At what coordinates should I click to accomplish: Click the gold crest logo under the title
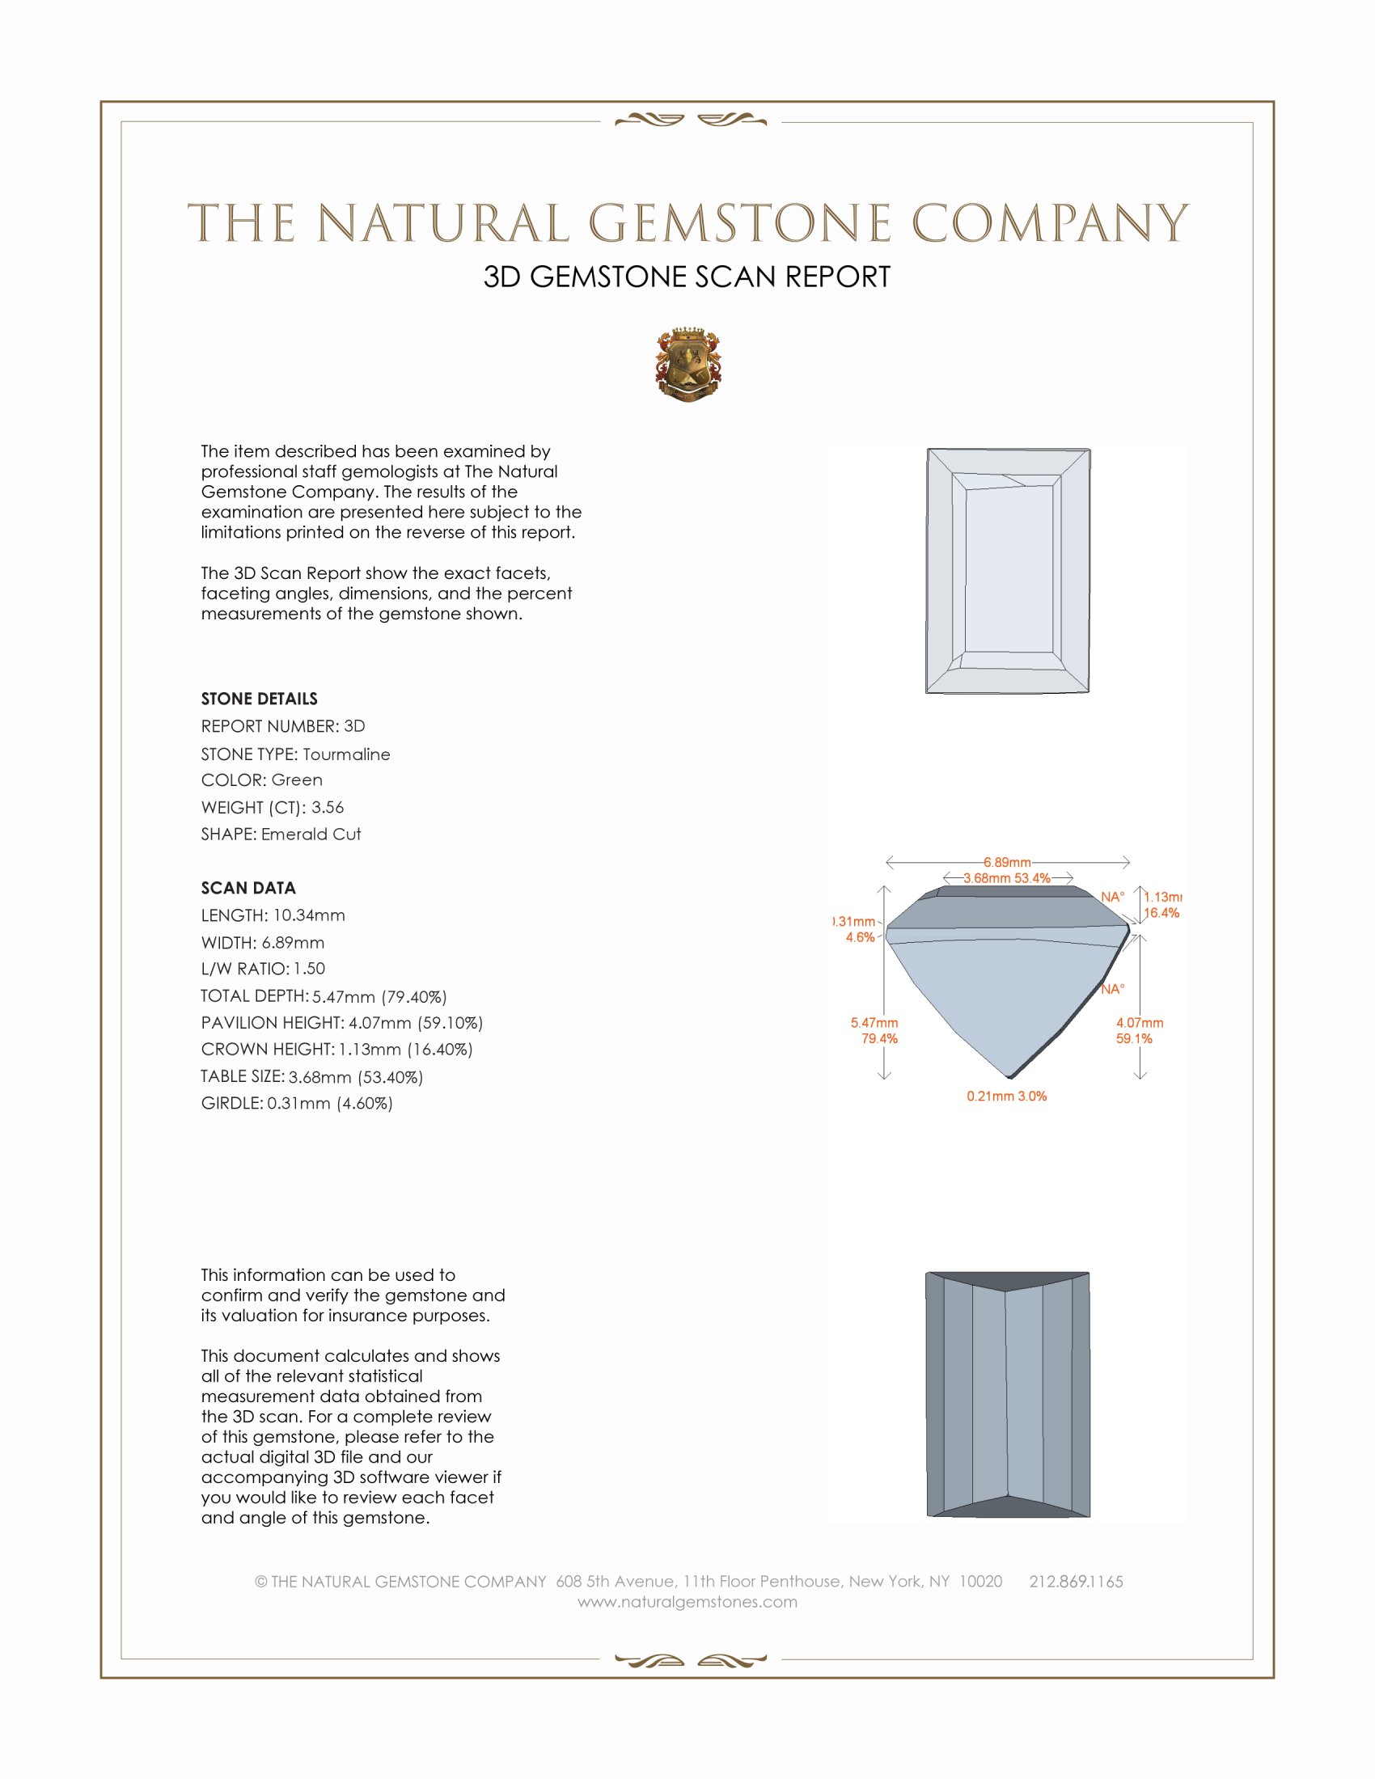coord(687,365)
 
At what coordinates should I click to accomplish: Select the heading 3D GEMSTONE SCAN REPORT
coord(687,277)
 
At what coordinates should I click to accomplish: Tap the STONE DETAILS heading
coord(259,699)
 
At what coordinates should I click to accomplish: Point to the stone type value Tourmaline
coord(346,754)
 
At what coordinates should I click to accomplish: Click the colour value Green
coord(297,780)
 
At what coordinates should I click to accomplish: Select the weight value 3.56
coord(328,807)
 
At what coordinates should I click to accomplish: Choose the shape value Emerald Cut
coord(311,835)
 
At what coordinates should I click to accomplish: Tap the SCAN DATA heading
coord(248,888)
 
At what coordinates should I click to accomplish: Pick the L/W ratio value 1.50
coord(310,969)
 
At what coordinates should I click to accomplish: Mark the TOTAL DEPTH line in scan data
coord(324,996)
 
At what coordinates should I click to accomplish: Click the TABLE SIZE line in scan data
coord(312,1077)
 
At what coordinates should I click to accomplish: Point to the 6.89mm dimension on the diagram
coord(1007,862)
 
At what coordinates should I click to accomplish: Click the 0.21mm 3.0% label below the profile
coord(1007,1097)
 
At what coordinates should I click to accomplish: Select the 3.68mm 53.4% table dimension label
coord(1007,878)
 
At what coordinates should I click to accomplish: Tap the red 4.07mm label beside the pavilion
coord(1140,1023)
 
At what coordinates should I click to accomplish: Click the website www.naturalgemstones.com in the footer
coord(687,1602)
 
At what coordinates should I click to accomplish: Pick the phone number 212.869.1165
coord(1076,1582)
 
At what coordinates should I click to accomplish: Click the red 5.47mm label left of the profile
coord(874,1023)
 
